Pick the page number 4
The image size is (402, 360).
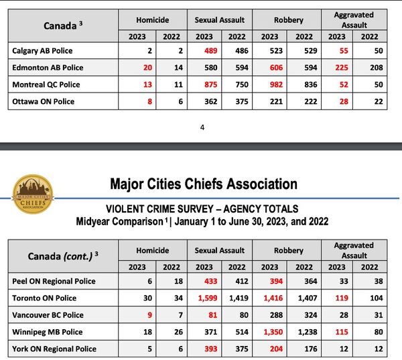click(202, 128)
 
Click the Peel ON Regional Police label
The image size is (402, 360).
click(54, 282)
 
